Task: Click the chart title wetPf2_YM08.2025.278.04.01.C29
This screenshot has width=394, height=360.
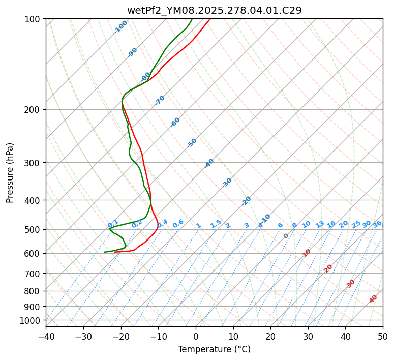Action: [x=214, y=10]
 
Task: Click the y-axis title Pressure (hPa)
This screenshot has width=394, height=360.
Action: [x=10, y=173]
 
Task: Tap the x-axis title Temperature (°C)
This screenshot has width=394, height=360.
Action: [x=214, y=349]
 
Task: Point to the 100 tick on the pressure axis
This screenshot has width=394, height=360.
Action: [x=34, y=19]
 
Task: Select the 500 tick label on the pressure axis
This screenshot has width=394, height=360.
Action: [x=34, y=229]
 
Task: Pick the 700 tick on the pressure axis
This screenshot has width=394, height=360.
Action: [x=34, y=274]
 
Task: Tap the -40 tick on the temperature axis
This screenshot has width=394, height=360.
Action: [x=46, y=336]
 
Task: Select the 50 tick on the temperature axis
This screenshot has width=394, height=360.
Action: [x=383, y=336]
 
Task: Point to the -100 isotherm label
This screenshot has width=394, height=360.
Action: [x=121, y=27]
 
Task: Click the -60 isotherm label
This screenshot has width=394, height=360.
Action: [x=175, y=122]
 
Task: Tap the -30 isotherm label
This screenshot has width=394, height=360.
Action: [x=227, y=182]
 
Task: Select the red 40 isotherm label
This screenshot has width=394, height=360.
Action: [x=373, y=298]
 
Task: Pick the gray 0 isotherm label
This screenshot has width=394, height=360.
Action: [x=286, y=236]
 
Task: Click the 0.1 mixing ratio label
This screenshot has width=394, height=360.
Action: [x=113, y=223]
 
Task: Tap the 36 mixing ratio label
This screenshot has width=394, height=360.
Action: [x=377, y=224]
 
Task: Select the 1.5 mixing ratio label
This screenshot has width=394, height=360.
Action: [x=216, y=223]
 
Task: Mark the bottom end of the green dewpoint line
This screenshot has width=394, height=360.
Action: [x=105, y=252]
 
